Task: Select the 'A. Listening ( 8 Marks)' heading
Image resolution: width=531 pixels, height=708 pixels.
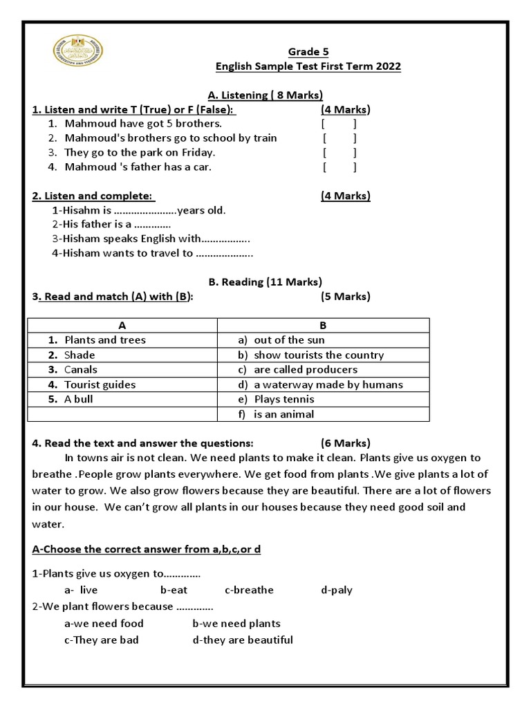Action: click(265, 95)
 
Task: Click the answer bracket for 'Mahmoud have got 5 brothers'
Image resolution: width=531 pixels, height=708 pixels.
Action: click(339, 124)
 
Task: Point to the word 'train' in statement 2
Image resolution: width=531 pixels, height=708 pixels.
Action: click(263, 138)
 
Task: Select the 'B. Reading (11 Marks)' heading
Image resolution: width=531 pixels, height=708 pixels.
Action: click(265, 281)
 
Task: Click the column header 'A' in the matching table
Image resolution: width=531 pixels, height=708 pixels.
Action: click(122, 325)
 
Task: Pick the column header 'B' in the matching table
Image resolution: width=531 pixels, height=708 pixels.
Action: click(323, 325)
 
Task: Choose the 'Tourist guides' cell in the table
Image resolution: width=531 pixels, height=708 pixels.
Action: click(100, 384)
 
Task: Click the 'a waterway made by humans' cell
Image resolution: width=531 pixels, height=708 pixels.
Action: click(328, 384)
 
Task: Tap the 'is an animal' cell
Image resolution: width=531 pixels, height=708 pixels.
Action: click(283, 414)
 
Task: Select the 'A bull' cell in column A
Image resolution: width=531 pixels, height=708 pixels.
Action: click(78, 399)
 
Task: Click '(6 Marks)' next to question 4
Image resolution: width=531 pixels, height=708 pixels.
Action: click(345, 443)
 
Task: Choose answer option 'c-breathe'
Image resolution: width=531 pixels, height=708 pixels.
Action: click(249, 590)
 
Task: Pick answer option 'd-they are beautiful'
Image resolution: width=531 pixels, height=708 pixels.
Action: click(243, 640)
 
